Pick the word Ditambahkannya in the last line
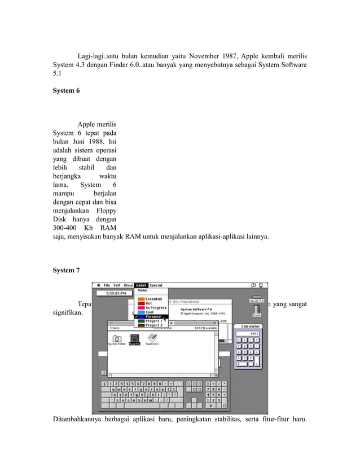(x=76, y=433)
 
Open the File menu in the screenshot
(x=107, y=285)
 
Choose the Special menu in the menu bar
(x=156, y=285)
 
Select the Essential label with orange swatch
(x=153, y=299)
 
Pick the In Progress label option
(x=156, y=308)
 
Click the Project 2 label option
(x=153, y=325)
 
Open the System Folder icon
(x=116, y=339)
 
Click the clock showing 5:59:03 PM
(x=111, y=293)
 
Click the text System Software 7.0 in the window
(x=196, y=309)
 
